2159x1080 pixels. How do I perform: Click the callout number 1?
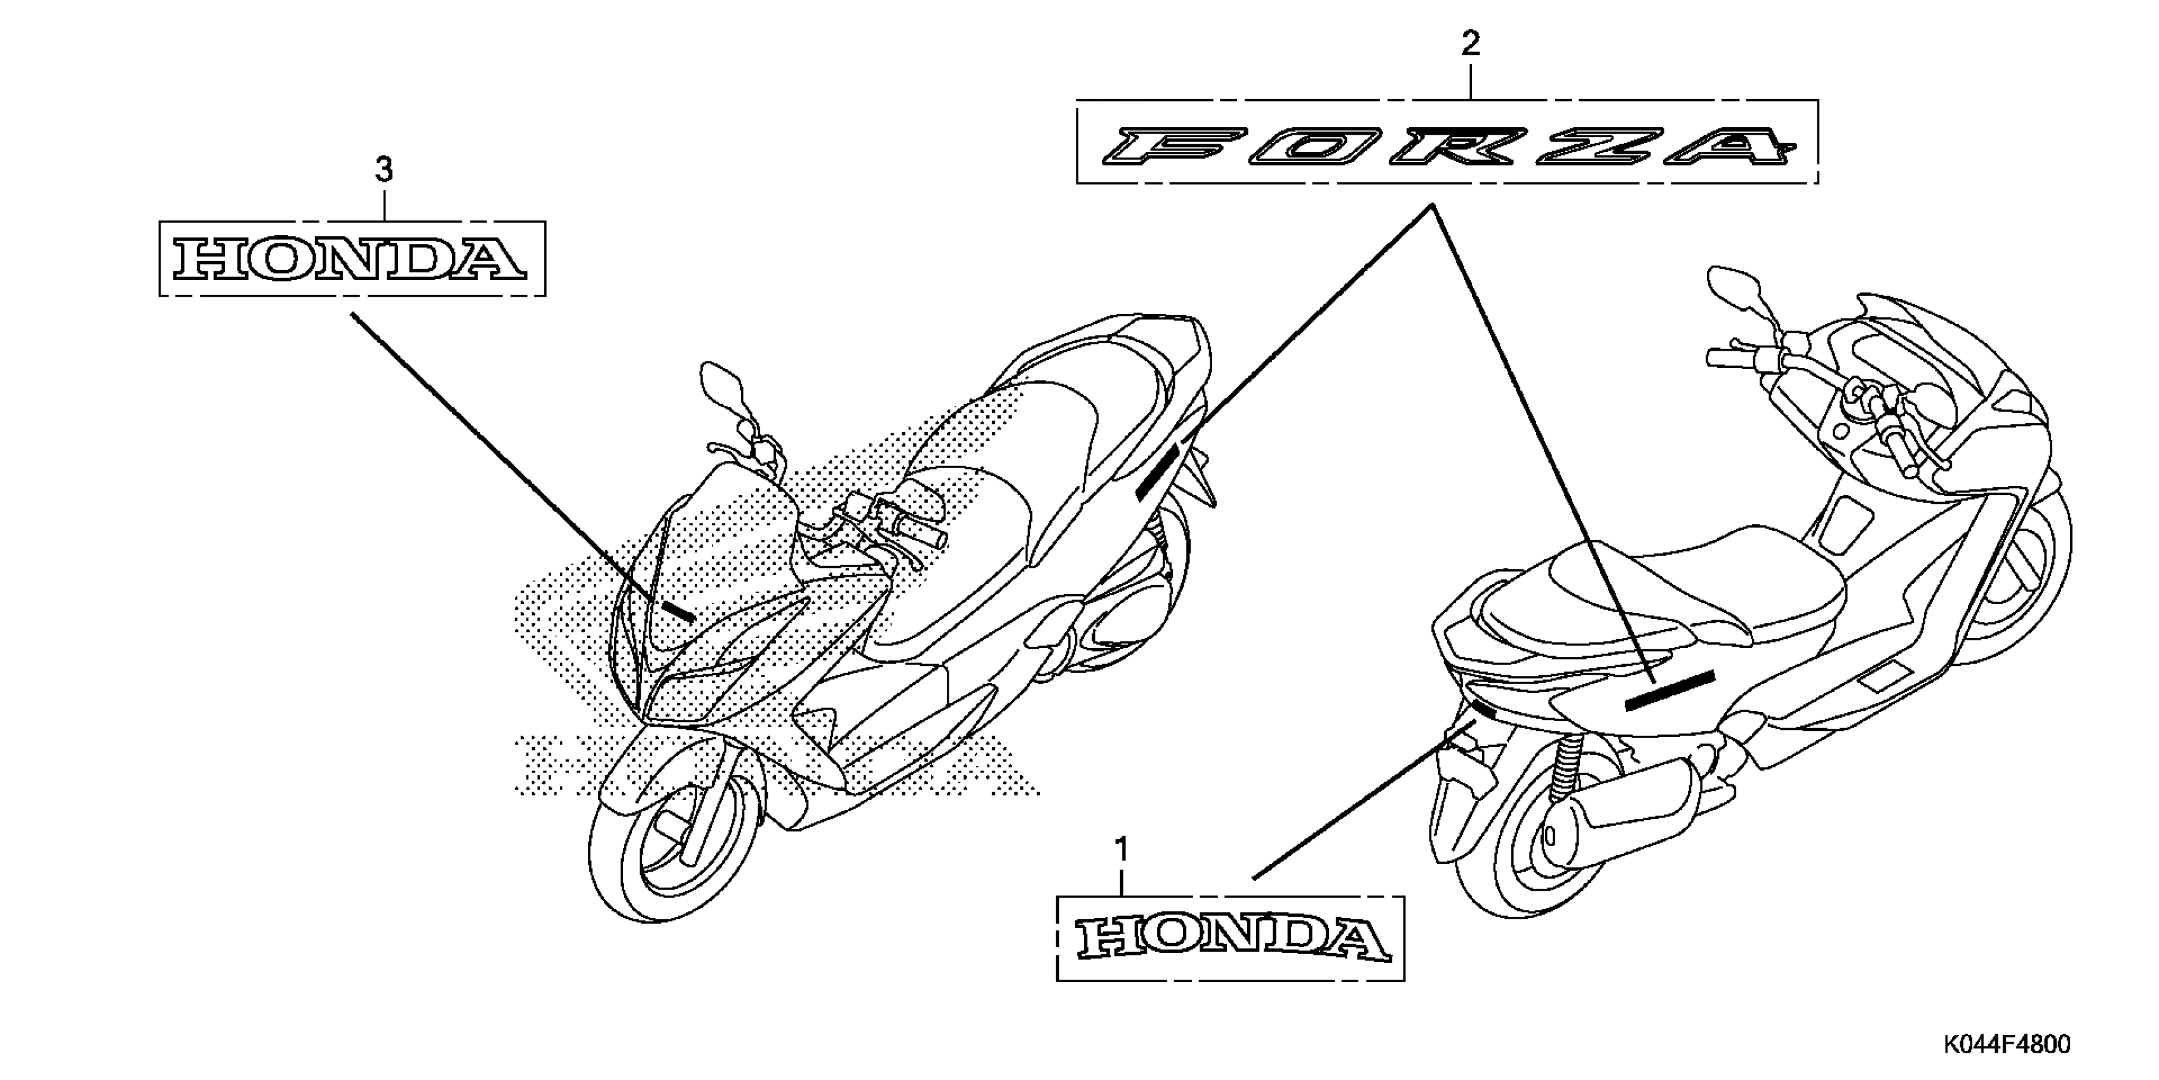pos(1121,849)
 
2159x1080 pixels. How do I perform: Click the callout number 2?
pos(1470,44)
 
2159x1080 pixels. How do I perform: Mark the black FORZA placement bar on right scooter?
pos(1669,690)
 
